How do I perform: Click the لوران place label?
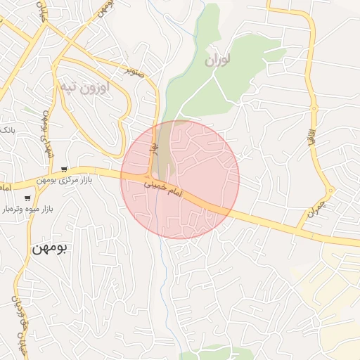pyautogui.click(x=218, y=60)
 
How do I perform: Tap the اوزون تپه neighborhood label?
pyautogui.click(x=86, y=87)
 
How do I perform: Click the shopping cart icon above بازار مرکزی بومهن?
pyautogui.click(x=64, y=169)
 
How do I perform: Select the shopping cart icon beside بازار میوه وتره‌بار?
pyautogui.click(x=27, y=198)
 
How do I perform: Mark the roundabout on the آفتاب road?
pyautogui.click(x=314, y=108)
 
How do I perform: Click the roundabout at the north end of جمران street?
pyautogui.click(x=330, y=190)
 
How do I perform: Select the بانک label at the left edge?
pyautogui.click(x=6, y=131)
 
